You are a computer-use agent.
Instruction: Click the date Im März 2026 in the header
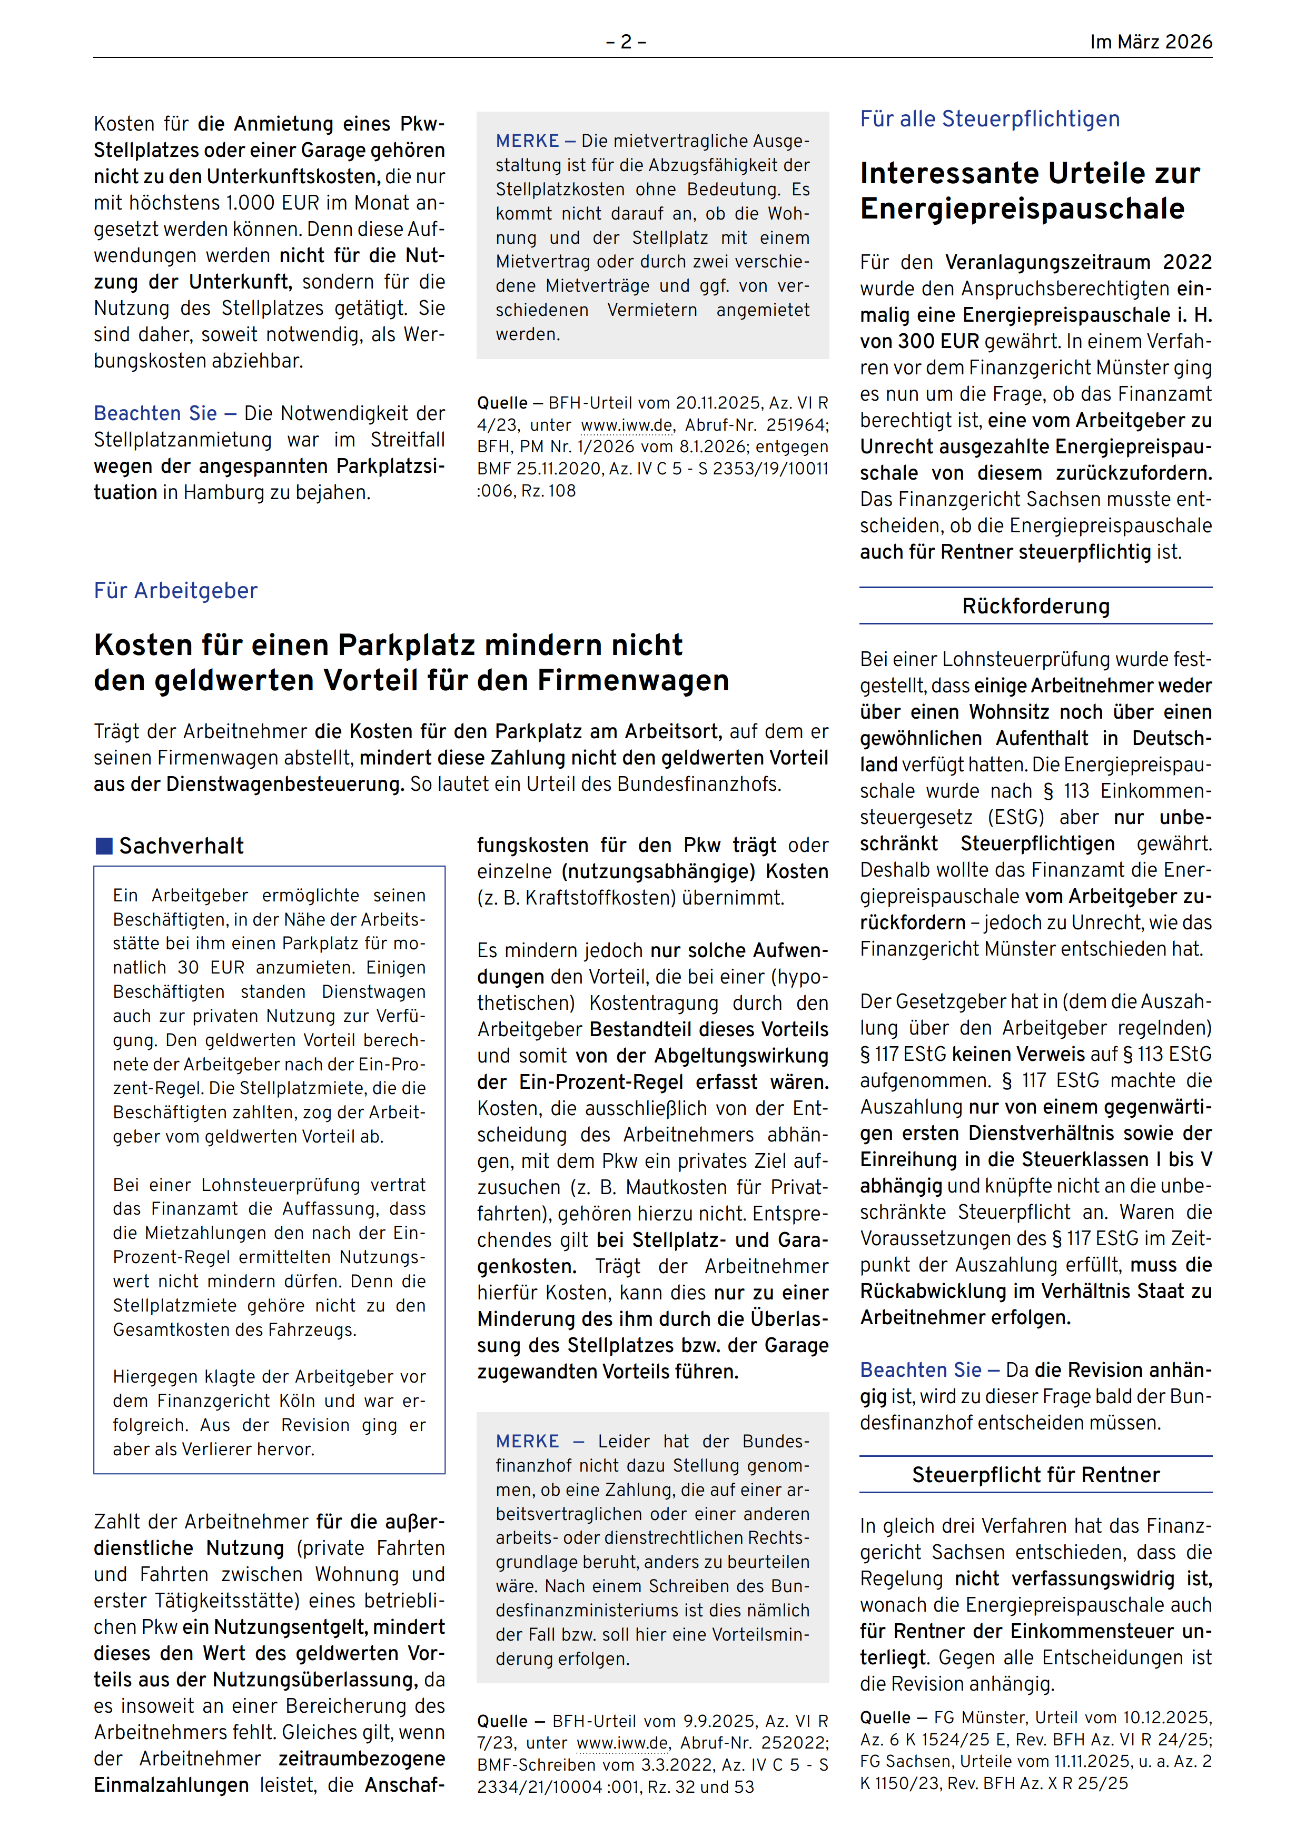1150,42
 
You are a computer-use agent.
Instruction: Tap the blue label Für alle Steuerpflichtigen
989,119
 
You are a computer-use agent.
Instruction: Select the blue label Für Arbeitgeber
175,590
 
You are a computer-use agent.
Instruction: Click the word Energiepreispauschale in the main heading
1022,209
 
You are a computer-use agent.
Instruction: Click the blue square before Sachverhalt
104,846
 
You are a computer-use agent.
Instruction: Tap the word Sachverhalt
181,846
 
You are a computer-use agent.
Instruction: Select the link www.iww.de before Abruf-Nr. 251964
626,425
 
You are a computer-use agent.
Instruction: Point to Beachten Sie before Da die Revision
921,1370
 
